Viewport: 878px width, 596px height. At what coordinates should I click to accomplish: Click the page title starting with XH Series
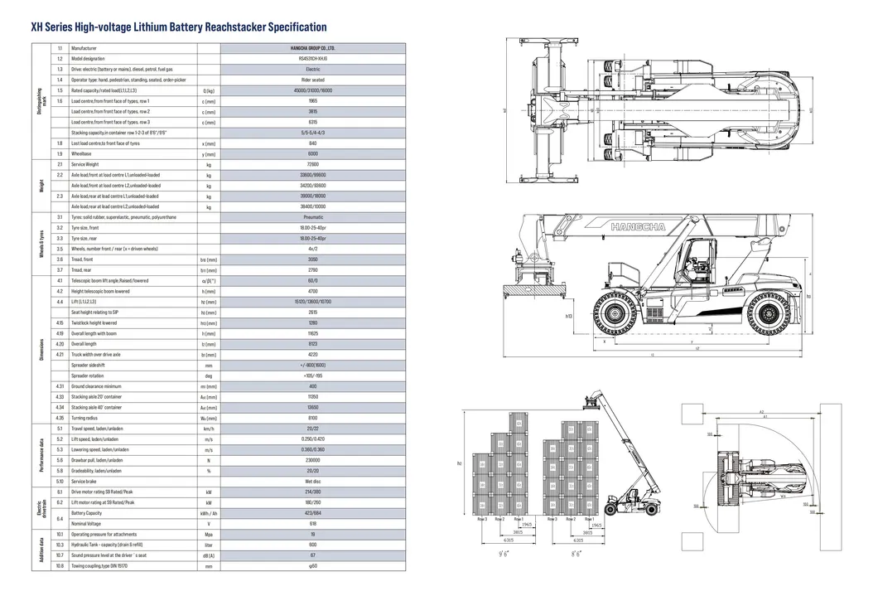[178, 27]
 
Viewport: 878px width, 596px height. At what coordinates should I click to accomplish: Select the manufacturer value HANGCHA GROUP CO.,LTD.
[312, 49]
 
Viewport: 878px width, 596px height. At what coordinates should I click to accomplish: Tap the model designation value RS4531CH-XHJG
[312, 60]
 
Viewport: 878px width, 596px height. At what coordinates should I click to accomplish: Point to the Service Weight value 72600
[312, 164]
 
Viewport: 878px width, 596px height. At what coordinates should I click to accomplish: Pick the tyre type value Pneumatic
[312, 217]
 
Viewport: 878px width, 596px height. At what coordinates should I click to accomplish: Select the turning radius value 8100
[312, 418]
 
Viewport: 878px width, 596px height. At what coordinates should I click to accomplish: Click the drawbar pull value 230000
[312, 460]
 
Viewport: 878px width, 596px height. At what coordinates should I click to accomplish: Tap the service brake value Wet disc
[312, 481]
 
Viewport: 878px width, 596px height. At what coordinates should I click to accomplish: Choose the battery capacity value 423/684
[312, 513]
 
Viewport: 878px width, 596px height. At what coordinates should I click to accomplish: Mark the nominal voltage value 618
[312, 524]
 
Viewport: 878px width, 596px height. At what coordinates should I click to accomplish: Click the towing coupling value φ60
[312, 566]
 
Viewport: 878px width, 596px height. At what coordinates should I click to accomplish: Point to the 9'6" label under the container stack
[504, 553]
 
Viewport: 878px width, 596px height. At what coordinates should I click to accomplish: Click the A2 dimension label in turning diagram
[760, 411]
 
